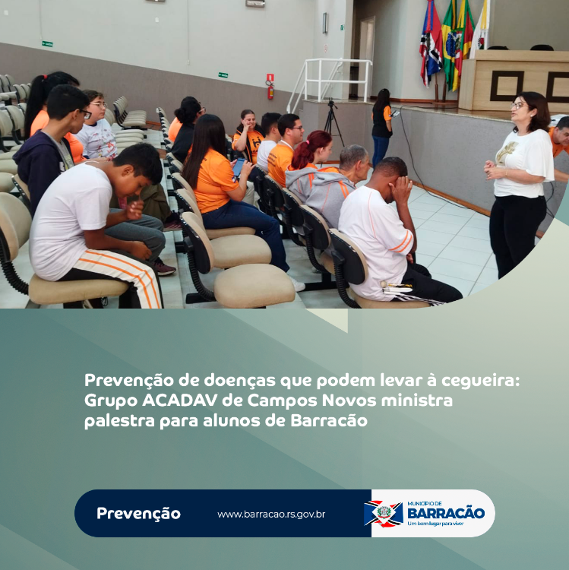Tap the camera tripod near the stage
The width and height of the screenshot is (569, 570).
click(332, 122)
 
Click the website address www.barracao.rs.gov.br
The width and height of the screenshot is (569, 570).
click(271, 515)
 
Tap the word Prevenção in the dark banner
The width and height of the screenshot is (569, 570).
click(138, 514)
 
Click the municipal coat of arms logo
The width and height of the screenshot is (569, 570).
click(384, 514)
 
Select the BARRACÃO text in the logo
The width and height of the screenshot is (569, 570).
click(446, 513)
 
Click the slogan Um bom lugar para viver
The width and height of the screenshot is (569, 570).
click(435, 524)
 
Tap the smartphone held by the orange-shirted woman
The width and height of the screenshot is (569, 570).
click(239, 168)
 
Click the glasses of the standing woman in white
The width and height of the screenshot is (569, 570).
click(518, 106)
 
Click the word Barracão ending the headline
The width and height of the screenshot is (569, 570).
click(329, 421)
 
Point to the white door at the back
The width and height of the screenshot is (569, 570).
click(367, 56)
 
